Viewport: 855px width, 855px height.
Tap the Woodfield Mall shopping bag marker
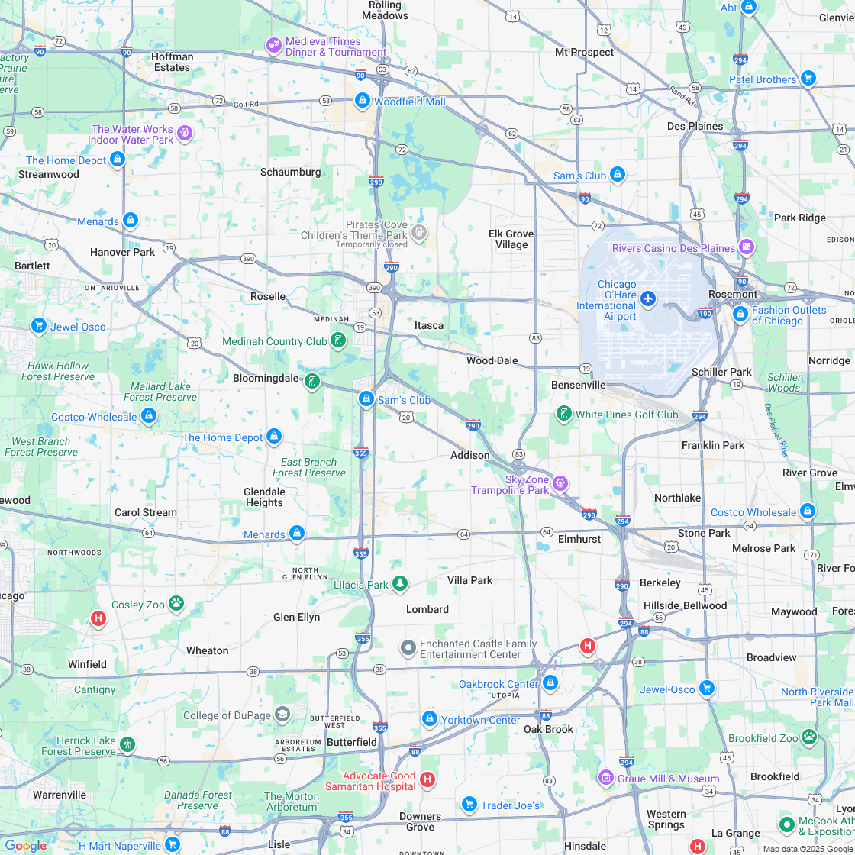tap(363, 101)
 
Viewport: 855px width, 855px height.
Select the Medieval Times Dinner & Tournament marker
tap(273, 46)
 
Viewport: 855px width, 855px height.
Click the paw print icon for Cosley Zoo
tap(176, 604)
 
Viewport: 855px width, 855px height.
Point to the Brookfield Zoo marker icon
tap(809, 737)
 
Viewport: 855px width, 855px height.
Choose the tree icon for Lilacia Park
tap(399, 585)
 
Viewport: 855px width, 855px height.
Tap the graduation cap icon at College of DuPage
tap(282, 715)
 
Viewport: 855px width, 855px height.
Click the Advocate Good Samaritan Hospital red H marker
tap(427, 779)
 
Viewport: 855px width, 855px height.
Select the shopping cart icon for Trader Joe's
tap(469, 805)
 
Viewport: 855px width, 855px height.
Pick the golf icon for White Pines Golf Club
tap(563, 414)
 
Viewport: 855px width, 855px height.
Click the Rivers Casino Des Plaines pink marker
tap(746, 247)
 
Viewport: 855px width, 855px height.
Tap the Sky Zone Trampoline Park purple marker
tap(560, 483)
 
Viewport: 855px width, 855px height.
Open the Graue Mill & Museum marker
tap(605, 778)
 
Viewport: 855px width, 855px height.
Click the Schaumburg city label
tap(290, 173)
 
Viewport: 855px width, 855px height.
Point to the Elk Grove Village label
tap(511, 239)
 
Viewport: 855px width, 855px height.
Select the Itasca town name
tap(428, 325)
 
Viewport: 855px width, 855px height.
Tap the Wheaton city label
tap(208, 650)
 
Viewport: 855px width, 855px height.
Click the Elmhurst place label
tap(579, 539)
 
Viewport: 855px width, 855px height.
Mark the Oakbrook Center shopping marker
tap(550, 683)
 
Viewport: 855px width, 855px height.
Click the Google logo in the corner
tap(26, 845)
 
